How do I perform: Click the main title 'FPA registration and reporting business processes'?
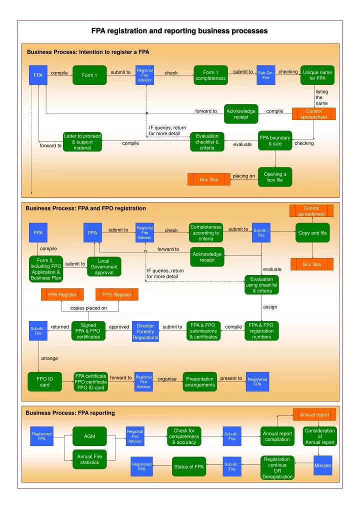point(179,31)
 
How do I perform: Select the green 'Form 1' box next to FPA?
point(89,75)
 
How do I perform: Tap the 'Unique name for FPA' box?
point(317,75)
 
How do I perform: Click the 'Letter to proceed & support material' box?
point(82,142)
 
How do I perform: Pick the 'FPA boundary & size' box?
point(274,141)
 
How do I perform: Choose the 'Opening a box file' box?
point(274,177)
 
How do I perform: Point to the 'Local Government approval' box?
point(104,266)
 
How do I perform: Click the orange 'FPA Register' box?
point(62,294)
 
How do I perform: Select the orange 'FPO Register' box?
point(116,294)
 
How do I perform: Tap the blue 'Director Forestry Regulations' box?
point(145,331)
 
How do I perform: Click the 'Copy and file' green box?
point(312,232)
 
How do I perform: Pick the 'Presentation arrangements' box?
point(200,381)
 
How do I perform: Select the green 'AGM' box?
point(89,436)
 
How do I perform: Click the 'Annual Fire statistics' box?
point(89,459)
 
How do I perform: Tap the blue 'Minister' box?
point(322,465)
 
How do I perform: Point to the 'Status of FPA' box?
point(189,466)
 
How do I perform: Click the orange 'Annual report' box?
point(314,414)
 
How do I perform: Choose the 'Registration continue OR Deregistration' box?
point(276,467)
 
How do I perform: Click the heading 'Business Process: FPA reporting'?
point(70,413)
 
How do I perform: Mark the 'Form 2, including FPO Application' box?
point(46,269)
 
